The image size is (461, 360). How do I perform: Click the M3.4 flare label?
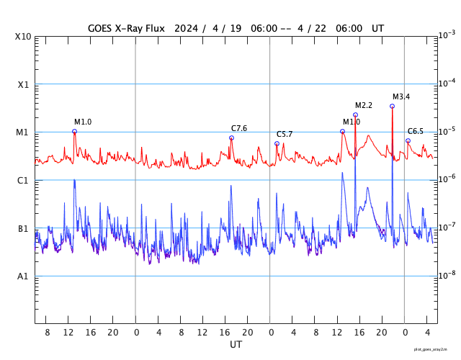tap(401, 97)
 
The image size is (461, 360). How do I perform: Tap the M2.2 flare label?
tap(364, 106)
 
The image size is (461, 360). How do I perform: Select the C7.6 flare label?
tap(239, 129)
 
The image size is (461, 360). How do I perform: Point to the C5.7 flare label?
tap(285, 135)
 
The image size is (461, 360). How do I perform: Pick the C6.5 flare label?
tap(416, 131)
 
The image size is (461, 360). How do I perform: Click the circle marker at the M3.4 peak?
tap(392, 106)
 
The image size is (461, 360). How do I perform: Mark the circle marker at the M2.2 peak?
tap(355, 114)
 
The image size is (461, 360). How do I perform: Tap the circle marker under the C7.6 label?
tap(231, 138)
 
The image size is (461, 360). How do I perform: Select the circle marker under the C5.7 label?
tap(277, 143)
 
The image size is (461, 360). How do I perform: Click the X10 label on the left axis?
tap(24, 37)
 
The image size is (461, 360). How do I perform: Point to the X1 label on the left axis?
tap(23, 85)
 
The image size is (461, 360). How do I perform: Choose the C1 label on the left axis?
tap(23, 181)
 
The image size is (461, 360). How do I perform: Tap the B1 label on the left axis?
tap(23, 229)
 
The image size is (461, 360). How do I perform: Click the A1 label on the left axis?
tap(23, 276)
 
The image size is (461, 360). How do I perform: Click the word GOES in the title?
tap(102, 29)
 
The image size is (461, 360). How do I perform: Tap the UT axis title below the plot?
tap(236, 345)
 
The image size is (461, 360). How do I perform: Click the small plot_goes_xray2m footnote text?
tap(435, 349)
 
